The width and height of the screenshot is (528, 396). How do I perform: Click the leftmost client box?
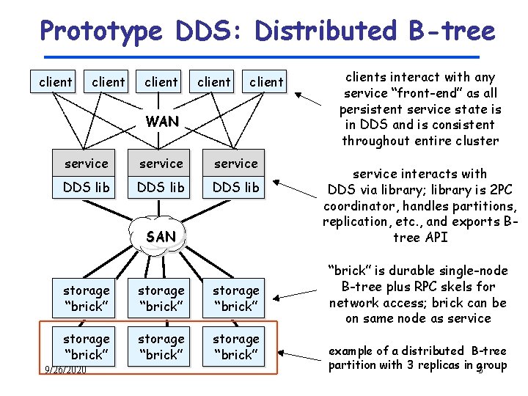coord(56,81)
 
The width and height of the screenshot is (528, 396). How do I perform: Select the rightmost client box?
coord(266,81)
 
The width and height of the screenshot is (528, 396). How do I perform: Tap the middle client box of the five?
coord(161,81)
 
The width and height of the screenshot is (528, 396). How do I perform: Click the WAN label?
coord(162,122)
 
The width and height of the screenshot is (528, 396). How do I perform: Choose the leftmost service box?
coord(87,164)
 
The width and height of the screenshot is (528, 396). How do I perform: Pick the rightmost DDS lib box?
coord(236,187)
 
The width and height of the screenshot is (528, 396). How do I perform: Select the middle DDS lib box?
coord(161,187)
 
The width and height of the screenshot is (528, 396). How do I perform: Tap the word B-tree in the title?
coord(448,31)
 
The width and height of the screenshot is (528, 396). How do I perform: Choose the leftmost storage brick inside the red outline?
coord(87,346)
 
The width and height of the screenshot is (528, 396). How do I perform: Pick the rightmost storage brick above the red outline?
coord(236,298)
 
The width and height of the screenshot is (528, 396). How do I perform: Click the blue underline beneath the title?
coord(260,56)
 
